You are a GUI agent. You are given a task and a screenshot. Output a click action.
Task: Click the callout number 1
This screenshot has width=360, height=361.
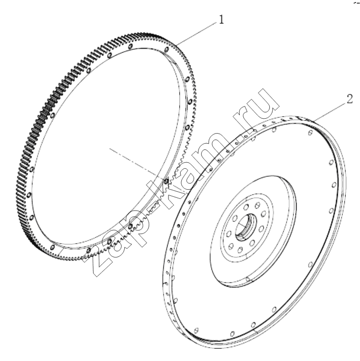[x=221, y=19]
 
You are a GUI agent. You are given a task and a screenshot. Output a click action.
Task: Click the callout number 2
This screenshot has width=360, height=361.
[x=349, y=99]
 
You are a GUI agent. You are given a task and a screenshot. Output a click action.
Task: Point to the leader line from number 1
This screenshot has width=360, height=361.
[x=197, y=33]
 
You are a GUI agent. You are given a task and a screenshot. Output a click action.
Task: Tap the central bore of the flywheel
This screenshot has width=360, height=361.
[x=245, y=227]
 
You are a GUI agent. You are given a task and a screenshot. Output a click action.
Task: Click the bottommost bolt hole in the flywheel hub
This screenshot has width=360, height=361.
[x=240, y=250]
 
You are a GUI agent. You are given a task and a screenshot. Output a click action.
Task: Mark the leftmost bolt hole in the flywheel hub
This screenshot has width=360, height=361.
[x=229, y=234]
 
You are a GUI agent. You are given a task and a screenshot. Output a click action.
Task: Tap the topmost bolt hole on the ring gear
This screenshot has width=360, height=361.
[x=130, y=46]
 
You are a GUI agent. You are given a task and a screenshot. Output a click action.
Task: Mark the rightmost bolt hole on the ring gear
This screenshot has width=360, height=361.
[x=189, y=101]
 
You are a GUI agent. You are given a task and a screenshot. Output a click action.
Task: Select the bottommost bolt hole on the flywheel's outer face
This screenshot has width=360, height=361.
[x=232, y=333]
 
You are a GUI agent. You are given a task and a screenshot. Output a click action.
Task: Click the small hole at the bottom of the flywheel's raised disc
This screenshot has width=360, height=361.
[x=248, y=279]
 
